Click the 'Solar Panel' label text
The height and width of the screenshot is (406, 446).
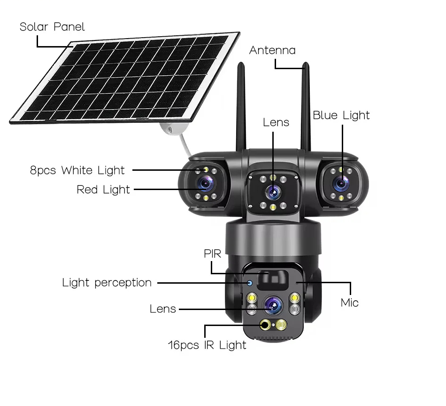52,27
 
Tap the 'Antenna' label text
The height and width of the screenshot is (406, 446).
272,50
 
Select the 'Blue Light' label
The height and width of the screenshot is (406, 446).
341,115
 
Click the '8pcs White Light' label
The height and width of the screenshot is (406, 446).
77,170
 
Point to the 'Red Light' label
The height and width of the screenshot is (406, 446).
103,190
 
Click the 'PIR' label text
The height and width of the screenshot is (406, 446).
213,254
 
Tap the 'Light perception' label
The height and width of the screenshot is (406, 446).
107,283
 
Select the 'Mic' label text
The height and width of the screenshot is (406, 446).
350,303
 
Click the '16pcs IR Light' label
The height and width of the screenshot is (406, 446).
207,345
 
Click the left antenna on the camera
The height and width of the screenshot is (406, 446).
241,107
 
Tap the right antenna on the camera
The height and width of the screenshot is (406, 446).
306,107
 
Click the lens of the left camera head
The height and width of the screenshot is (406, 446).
206,184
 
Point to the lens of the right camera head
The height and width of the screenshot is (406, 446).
341,184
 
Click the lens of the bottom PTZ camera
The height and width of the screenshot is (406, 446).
273,305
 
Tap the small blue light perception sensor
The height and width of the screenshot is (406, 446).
249,283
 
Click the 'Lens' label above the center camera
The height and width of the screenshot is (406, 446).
276,123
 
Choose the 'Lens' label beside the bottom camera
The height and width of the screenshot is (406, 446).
163,309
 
